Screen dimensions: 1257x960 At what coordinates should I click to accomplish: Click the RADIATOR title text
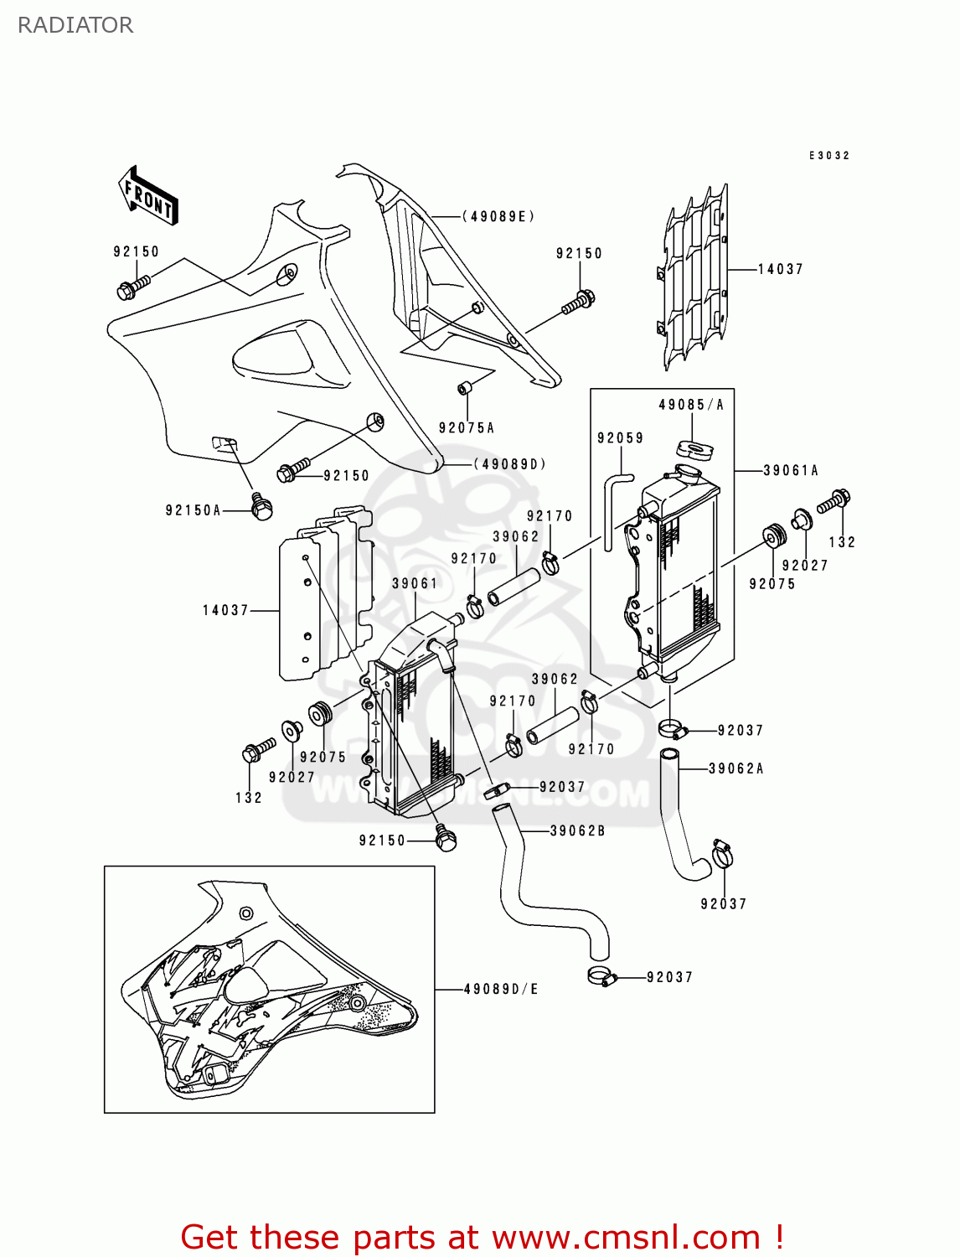[75, 25]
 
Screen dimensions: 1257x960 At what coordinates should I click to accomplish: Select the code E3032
[828, 156]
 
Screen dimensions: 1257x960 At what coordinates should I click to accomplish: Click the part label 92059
[620, 438]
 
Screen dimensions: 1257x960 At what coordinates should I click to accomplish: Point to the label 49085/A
[691, 405]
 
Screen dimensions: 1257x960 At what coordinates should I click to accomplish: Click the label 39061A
[791, 471]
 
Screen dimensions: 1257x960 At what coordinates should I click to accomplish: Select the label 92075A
[467, 428]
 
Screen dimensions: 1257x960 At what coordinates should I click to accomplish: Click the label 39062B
[577, 831]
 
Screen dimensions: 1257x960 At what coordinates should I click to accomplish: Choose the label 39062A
[736, 768]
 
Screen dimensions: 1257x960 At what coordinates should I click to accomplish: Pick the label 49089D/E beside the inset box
[501, 990]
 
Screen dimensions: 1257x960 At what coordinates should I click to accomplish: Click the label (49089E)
[498, 216]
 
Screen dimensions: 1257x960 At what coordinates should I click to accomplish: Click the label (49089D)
[510, 464]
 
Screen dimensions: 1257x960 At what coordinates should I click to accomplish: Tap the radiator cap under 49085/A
[694, 449]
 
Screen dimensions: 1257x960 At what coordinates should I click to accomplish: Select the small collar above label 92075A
[465, 389]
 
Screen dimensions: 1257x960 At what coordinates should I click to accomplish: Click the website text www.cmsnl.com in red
[626, 1238]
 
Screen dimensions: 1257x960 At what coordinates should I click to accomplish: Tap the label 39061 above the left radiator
[415, 583]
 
